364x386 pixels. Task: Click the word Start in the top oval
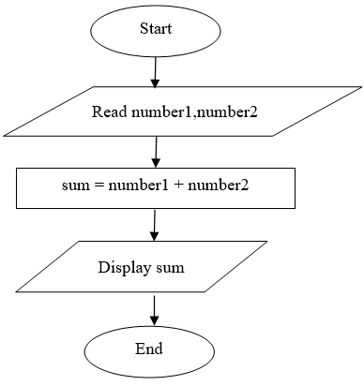point(155,28)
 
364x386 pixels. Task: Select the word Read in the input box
point(109,112)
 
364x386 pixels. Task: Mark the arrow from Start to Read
point(155,69)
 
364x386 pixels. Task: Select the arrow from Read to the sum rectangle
point(155,150)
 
